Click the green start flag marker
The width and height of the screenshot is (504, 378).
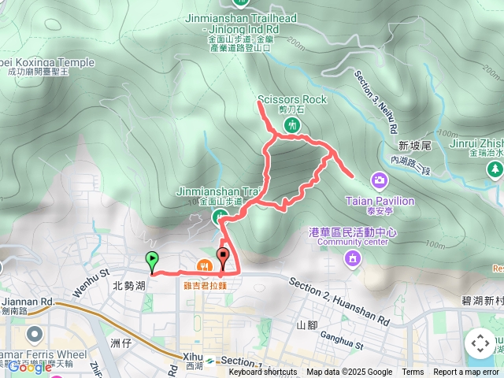click(151, 259)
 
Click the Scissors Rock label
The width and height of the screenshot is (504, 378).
click(291, 100)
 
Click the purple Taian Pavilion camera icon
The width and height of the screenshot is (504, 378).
click(380, 182)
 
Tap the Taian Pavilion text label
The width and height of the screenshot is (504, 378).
click(380, 201)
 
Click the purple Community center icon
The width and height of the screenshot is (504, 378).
click(353, 258)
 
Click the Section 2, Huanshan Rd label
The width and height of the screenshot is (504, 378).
click(339, 292)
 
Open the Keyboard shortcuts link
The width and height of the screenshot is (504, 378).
click(263, 372)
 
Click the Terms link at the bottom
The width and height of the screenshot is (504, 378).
click(413, 372)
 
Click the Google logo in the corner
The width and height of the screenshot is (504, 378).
click(29, 366)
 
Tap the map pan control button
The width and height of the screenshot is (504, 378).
click(480, 343)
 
